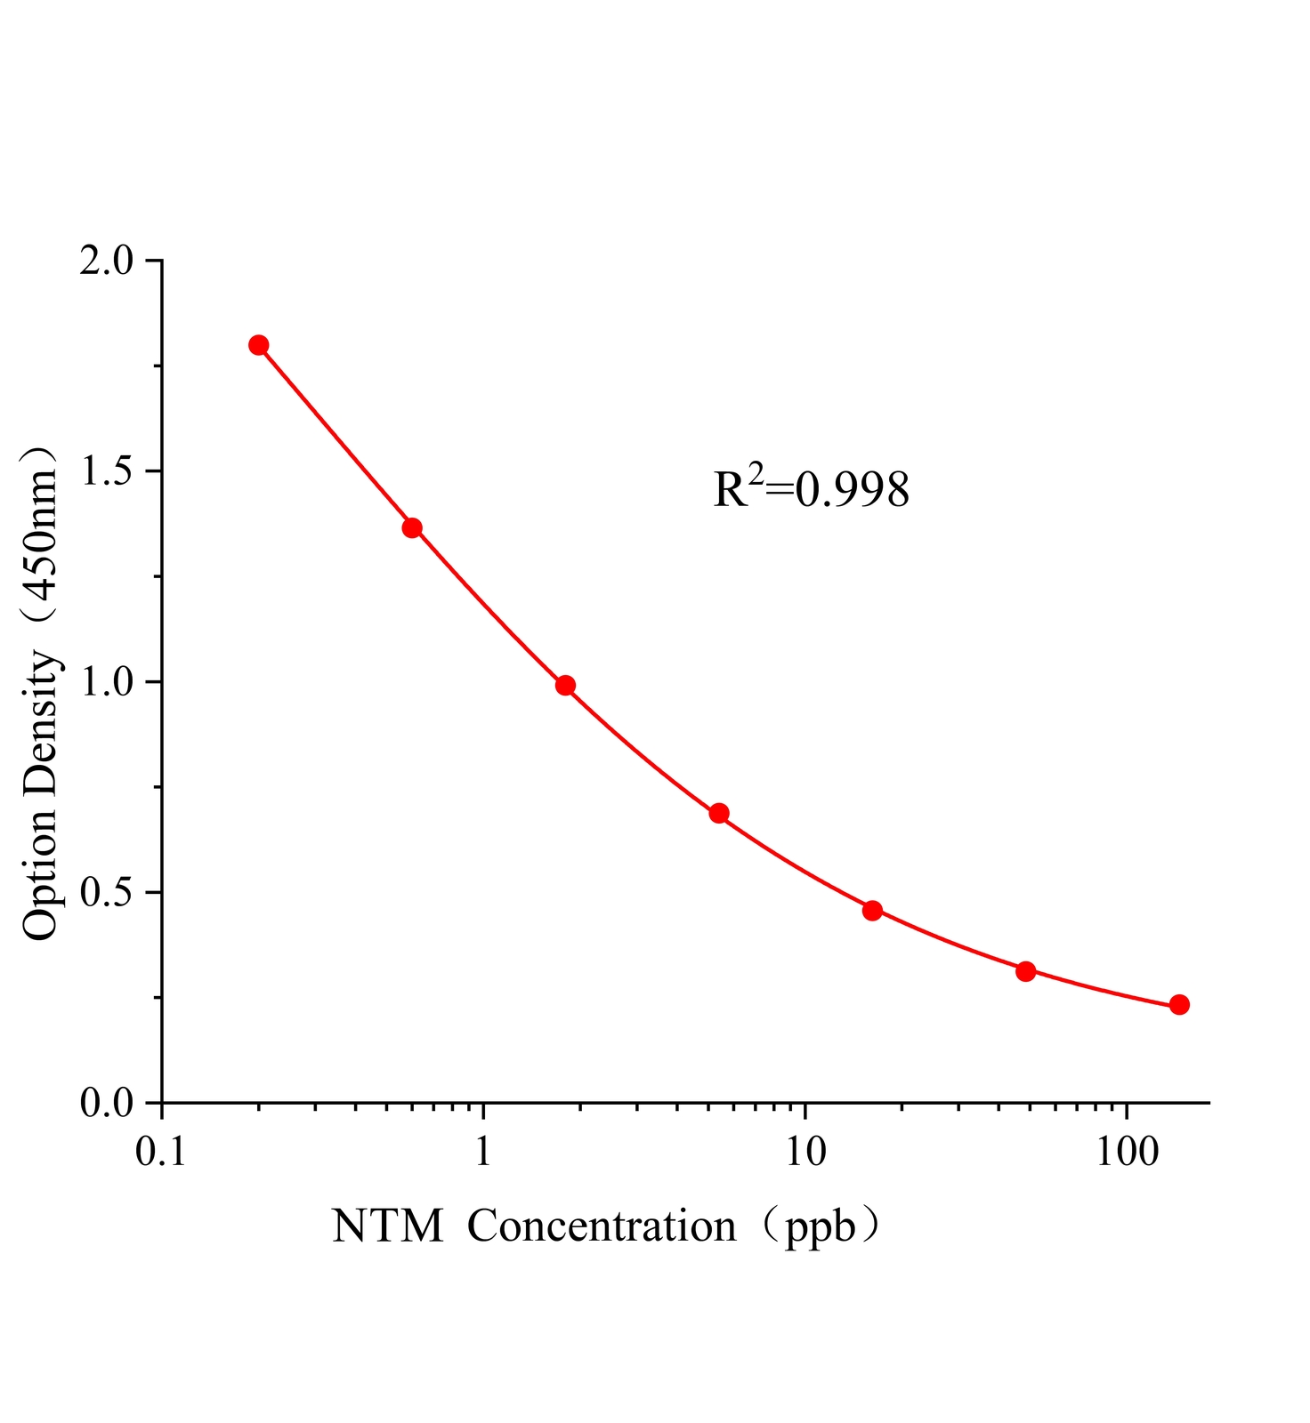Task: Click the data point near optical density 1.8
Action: pyautogui.click(x=259, y=345)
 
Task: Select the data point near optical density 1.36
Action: pyautogui.click(x=412, y=528)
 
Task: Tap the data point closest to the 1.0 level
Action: pyautogui.click(x=565, y=685)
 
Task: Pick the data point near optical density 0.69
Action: pyautogui.click(x=719, y=813)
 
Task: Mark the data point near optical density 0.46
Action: pyautogui.click(x=872, y=910)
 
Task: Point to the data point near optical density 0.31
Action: pyautogui.click(x=1025, y=971)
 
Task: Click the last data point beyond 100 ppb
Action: pyautogui.click(x=1179, y=1004)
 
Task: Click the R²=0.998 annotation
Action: pyautogui.click(x=811, y=488)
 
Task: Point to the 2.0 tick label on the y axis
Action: pyautogui.click(x=106, y=261)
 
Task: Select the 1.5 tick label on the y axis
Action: pyautogui.click(x=106, y=471)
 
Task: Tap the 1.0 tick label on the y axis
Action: pyautogui.click(x=106, y=682)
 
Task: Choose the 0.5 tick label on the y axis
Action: pyautogui.click(x=106, y=892)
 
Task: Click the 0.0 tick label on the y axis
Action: pyautogui.click(x=106, y=1104)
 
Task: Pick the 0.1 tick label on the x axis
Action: pyautogui.click(x=161, y=1153)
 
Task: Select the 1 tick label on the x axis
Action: pyautogui.click(x=483, y=1153)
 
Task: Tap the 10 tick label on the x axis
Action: pyautogui.click(x=805, y=1153)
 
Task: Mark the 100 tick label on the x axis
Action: pyautogui.click(x=1127, y=1153)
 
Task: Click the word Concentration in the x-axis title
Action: pyautogui.click(x=602, y=1226)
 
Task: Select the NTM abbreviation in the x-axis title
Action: pyautogui.click(x=388, y=1226)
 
